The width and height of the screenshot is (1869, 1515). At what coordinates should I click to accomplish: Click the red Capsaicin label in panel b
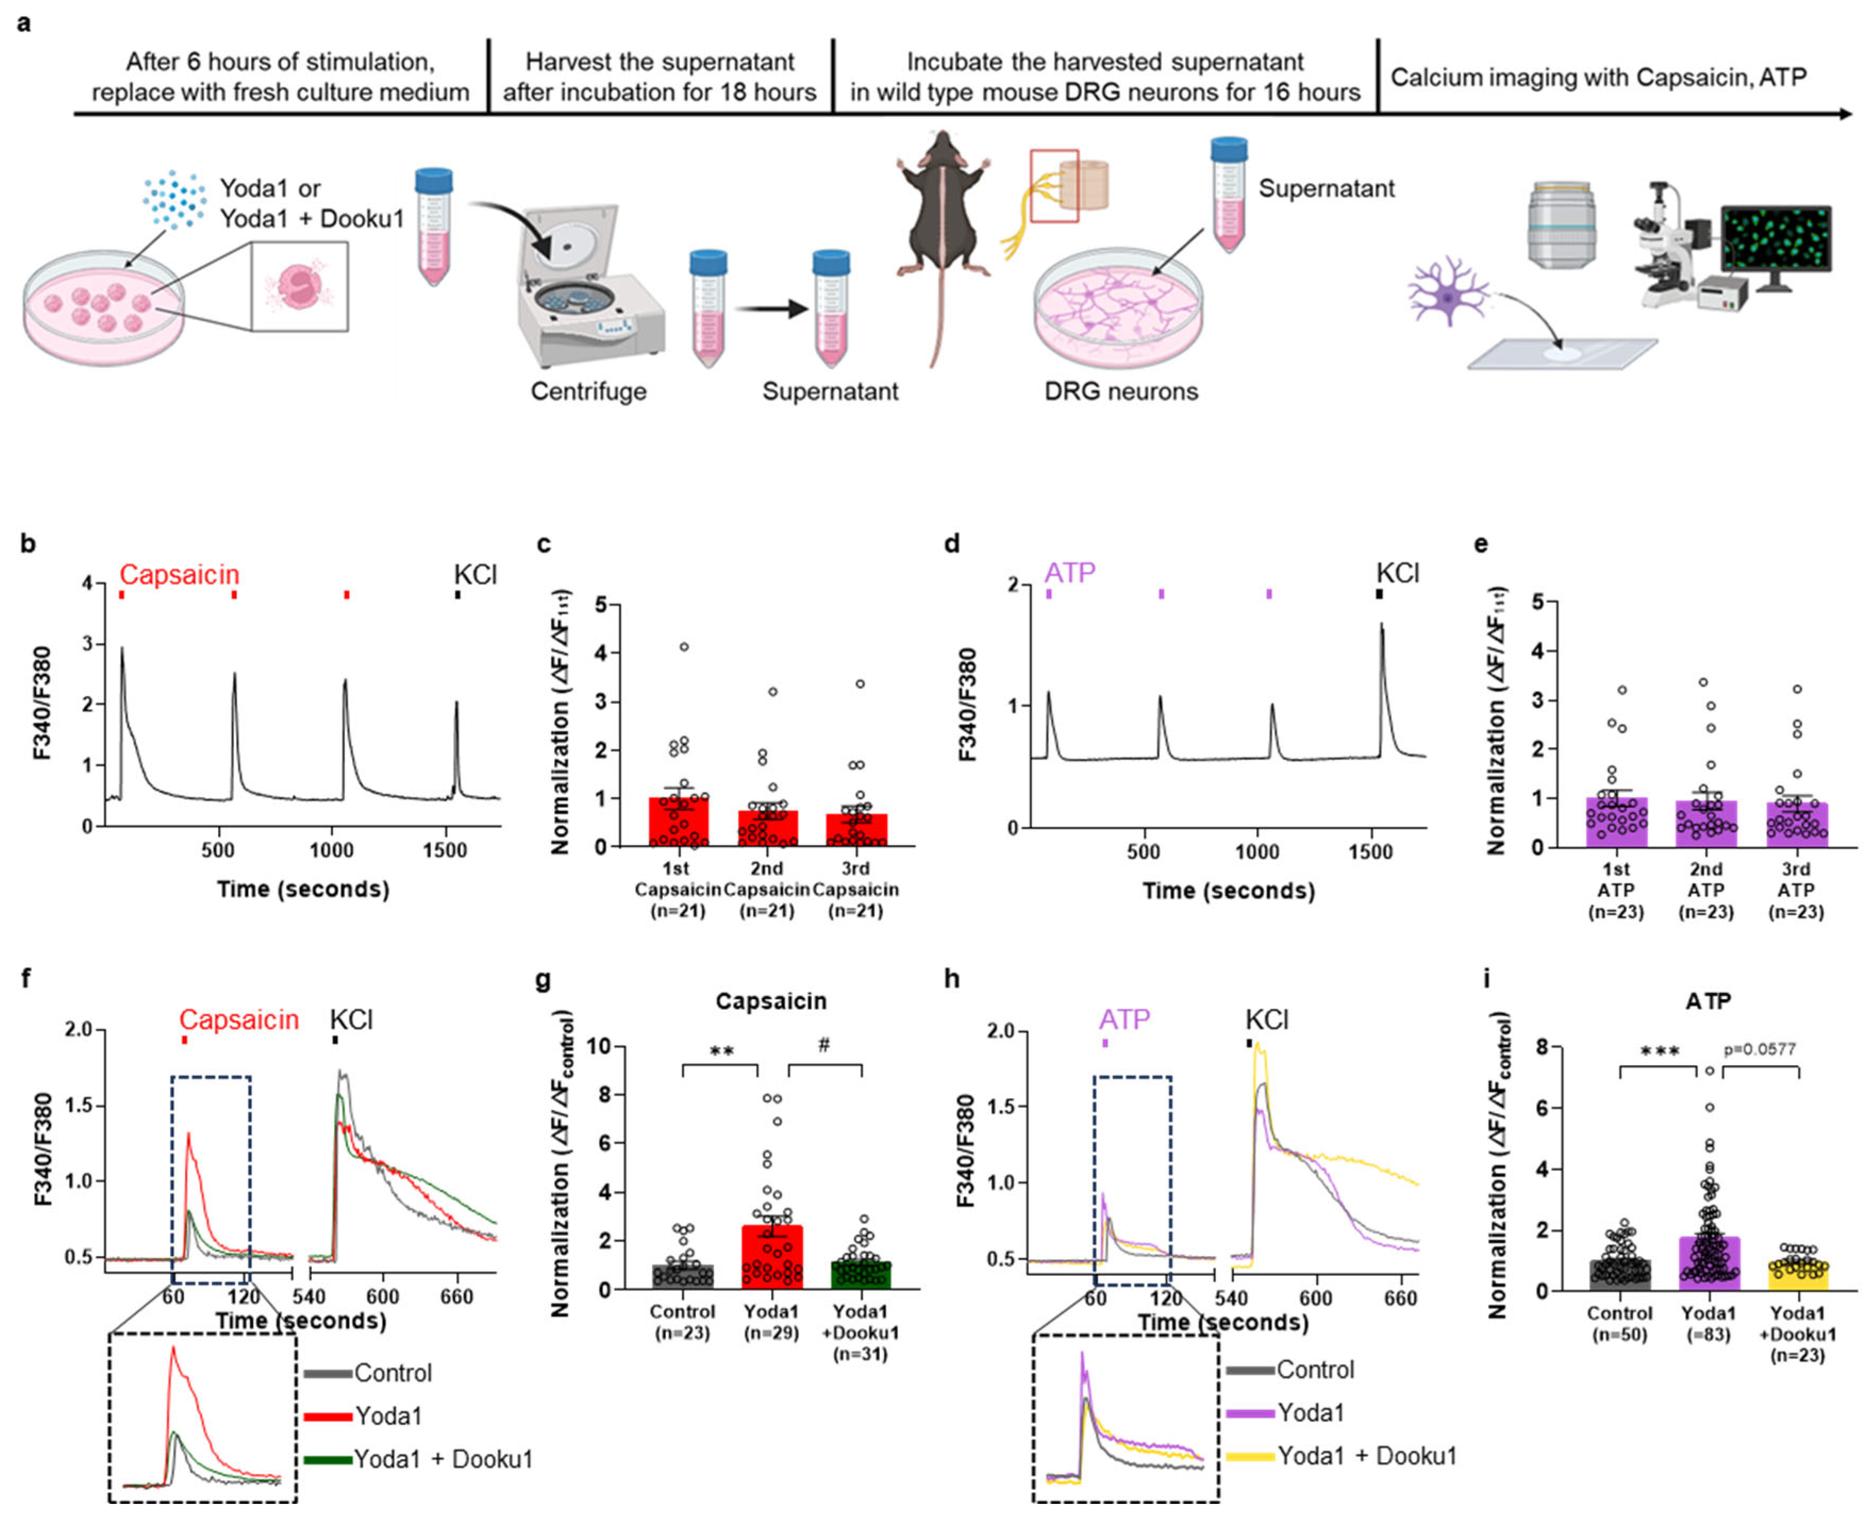click(179, 574)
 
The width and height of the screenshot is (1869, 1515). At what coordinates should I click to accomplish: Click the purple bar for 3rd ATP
click(1796, 825)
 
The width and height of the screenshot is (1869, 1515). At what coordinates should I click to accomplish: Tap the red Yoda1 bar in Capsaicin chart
click(772, 1257)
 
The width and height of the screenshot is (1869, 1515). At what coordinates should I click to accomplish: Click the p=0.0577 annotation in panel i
click(1759, 1049)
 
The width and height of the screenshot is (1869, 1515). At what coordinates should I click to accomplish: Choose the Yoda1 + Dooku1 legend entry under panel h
click(1366, 1455)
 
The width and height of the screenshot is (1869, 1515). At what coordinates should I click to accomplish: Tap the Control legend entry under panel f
click(393, 1372)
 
